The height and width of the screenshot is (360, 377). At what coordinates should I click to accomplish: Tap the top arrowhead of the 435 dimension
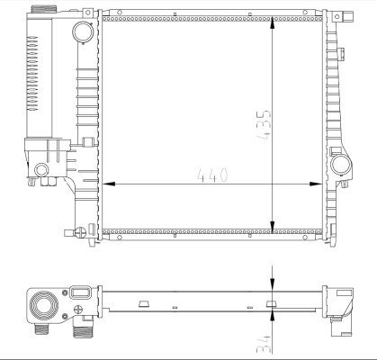pyautogui.click(x=274, y=22)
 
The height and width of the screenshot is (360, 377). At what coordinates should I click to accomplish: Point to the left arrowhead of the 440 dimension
pyautogui.click(x=110, y=184)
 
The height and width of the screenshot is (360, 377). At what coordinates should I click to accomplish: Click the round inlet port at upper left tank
pyautogui.click(x=83, y=32)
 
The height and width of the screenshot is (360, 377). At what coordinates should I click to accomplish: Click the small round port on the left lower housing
pyautogui.click(x=42, y=169)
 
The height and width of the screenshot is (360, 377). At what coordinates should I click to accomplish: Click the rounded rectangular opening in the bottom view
pyautogui.click(x=78, y=292)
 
